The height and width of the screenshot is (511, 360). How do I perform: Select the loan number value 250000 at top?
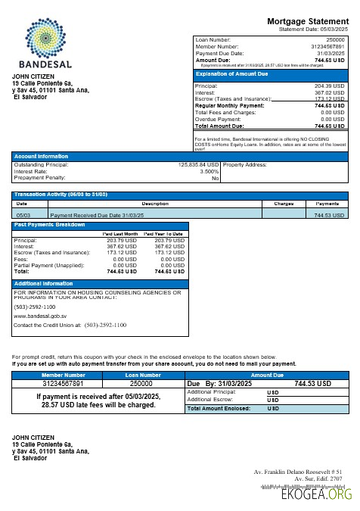334,39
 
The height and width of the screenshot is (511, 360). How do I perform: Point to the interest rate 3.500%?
209,171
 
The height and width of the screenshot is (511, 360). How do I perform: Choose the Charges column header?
283,204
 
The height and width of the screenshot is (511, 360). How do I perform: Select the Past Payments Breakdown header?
50,225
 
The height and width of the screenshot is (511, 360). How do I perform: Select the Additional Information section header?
43,283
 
